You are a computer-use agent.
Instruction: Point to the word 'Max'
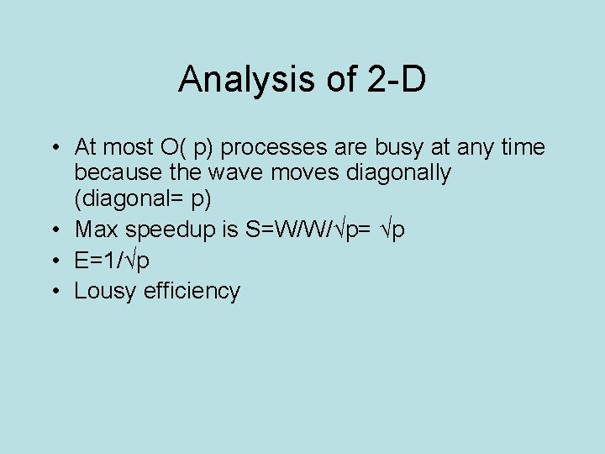[x=96, y=230]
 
